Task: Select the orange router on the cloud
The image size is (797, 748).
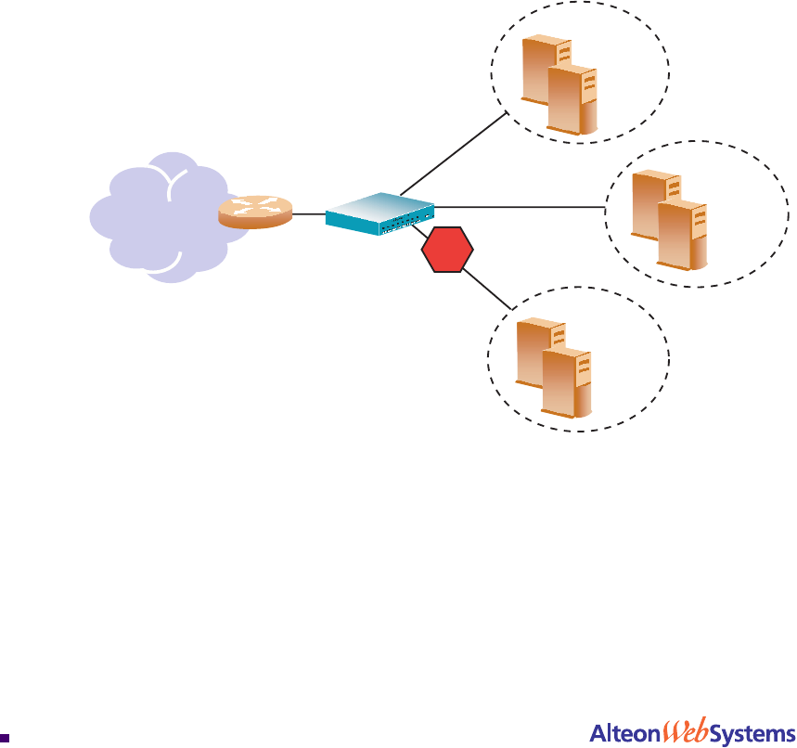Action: pyautogui.click(x=254, y=213)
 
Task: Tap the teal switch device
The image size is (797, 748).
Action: pyautogui.click(x=380, y=214)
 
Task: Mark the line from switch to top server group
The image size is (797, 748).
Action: pyautogui.click(x=455, y=153)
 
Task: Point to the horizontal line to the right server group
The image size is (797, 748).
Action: pyautogui.click(x=520, y=206)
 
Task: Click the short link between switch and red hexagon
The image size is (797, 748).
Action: pyautogui.click(x=421, y=229)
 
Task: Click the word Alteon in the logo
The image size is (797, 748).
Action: pyautogui.click(x=623, y=733)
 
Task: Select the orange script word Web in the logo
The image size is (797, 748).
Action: pyautogui.click(x=684, y=733)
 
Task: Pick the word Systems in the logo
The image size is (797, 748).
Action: pyautogui.click(x=752, y=734)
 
